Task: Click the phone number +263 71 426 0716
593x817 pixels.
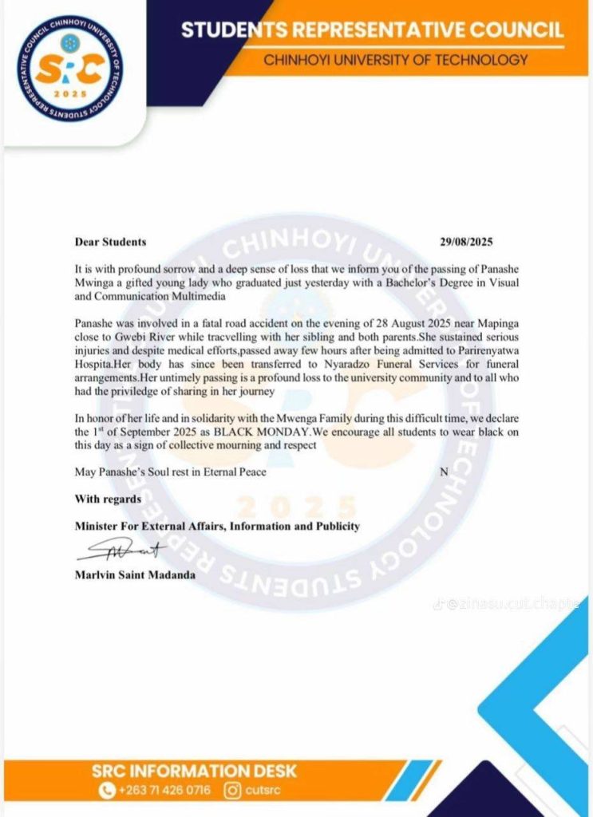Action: (164, 791)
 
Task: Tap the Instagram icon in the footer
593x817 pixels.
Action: (232, 791)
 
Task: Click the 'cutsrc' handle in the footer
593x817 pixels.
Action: (263, 791)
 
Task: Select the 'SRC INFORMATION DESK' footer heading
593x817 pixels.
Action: (195, 771)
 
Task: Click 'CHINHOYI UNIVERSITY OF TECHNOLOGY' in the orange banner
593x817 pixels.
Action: (396, 59)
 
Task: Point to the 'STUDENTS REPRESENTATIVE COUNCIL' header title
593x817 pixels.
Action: (372, 30)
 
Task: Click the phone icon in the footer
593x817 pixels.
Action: (107, 791)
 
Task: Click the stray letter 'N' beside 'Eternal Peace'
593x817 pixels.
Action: (444, 472)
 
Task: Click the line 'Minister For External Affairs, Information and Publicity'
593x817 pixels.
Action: (217, 526)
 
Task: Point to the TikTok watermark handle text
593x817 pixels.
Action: (511, 604)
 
